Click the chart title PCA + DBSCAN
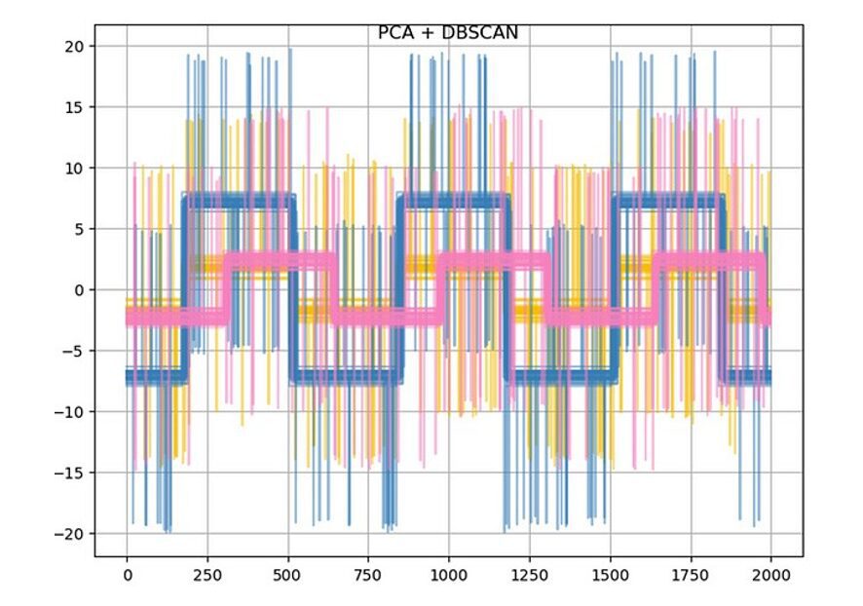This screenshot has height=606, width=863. click(448, 33)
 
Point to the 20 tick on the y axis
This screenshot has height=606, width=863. click(73, 46)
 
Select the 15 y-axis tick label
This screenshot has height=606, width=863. click(73, 107)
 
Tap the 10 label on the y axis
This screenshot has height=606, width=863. click(73, 168)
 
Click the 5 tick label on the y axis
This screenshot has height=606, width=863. click(77, 229)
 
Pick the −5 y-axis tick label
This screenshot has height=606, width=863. click(73, 351)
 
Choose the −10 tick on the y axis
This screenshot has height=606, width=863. click(69, 412)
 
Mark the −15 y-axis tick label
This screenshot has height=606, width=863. click(69, 473)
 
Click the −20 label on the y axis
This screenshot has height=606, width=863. click(69, 534)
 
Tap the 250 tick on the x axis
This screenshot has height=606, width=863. click(207, 576)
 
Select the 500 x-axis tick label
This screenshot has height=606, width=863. click(287, 576)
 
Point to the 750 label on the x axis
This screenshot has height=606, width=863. click(368, 576)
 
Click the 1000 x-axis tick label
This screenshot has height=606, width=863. click(449, 576)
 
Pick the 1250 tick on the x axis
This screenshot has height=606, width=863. click(529, 576)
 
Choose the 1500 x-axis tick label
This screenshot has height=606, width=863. click(610, 576)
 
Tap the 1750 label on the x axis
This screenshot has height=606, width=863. click(691, 576)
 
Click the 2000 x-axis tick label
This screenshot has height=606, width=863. click(770, 576)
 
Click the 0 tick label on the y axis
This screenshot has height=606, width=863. click(77, 290)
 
